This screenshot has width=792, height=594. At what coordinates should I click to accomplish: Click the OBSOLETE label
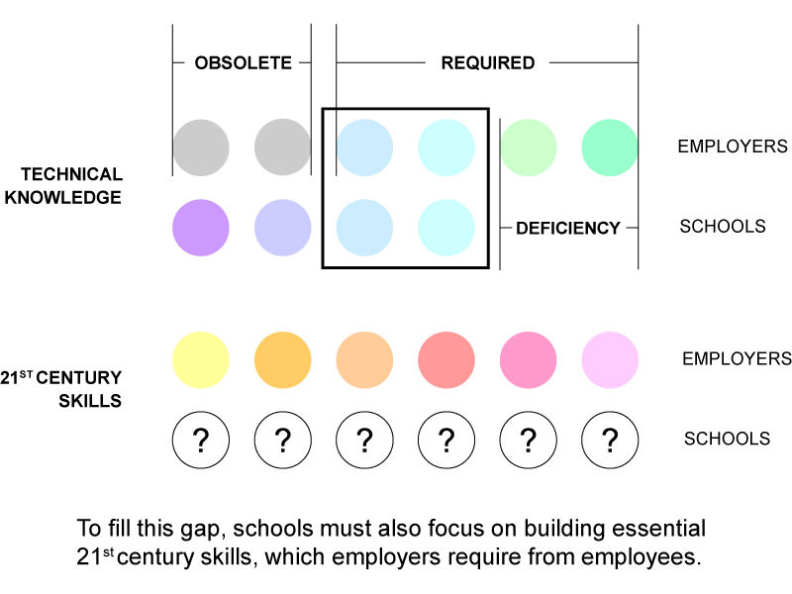point(243,63)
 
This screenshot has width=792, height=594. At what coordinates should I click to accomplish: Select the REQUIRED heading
point(488,63)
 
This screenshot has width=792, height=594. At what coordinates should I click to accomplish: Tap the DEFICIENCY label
point(567,229)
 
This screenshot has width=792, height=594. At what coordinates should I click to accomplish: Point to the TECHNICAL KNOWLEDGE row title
point(63,186)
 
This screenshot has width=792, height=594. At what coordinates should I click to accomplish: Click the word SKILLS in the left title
point(90,401)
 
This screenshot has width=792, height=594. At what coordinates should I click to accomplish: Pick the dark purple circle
point(201,228)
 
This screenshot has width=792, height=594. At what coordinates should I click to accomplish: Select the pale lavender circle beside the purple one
point(283,228)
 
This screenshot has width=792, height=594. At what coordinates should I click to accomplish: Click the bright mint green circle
point(610,148)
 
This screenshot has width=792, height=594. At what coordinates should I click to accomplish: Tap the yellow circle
point(201,360)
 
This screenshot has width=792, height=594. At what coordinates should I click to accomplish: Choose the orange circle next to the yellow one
point(283,360)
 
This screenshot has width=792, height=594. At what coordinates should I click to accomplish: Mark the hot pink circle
point(529,360)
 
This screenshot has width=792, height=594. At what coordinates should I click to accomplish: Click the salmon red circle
point(446,360)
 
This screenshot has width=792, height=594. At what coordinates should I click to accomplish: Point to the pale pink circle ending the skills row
point(610,360)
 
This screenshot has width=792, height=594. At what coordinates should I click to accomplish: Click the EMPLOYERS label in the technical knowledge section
point(733,147)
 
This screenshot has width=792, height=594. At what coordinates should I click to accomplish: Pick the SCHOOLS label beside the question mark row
point(727,439)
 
